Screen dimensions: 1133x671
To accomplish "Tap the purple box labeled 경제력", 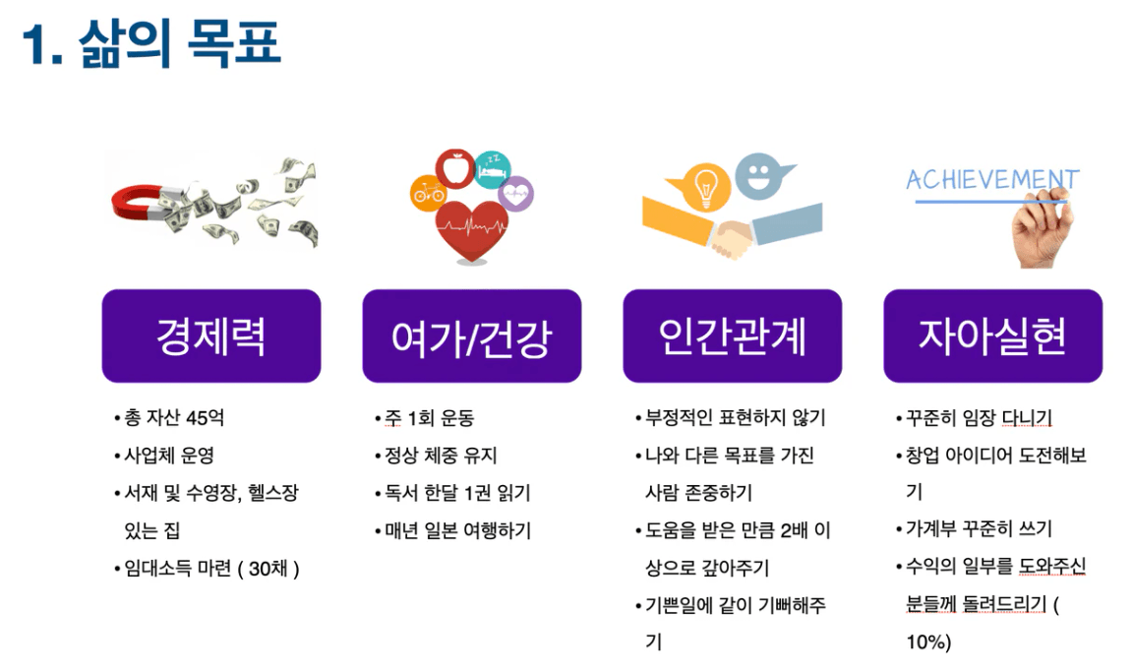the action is [x=211, y=335].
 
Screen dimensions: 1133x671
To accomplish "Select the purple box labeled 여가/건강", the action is [x=472, y=335].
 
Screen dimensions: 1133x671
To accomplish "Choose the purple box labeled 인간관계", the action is [x=732, y=335].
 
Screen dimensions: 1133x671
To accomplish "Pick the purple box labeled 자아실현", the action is [x=992, y=335].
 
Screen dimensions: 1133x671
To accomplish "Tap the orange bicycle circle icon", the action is [x=428, y=193].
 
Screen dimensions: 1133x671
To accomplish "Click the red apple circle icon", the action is [x=454, y=169].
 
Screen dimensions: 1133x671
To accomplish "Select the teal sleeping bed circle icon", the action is [x=493, y=169].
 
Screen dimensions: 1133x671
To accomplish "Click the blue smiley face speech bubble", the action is [x=762, y=176].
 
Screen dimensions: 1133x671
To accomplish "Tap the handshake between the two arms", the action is [x=732, y=239].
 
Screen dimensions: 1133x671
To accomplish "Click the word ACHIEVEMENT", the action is [x=992, y=179].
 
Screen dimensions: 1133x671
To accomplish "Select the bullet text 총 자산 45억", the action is [x=173, y=418].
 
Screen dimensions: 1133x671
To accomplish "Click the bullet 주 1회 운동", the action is [x=429, y=418].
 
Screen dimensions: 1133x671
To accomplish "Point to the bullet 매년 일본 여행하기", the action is [x=457, y=530].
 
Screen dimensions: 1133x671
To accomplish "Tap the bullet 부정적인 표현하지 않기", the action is [x=735, y=418].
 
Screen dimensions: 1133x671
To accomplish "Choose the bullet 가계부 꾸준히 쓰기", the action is [x=980, y=528].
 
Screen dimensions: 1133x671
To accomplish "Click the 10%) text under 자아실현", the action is [x=928, y=642].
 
